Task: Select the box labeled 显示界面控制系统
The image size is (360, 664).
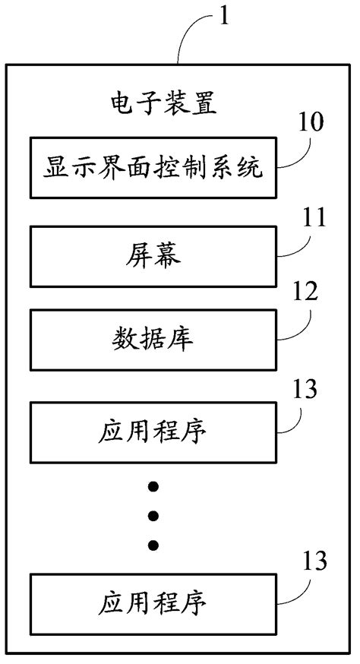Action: click(152, 168)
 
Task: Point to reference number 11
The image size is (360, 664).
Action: click(312, 220)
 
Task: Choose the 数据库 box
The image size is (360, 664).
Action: click(152, 340)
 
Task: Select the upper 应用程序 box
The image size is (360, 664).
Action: click(152, 431)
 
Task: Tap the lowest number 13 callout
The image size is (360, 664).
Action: click(312, 562)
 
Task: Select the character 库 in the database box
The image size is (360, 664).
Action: click(182, 340)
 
